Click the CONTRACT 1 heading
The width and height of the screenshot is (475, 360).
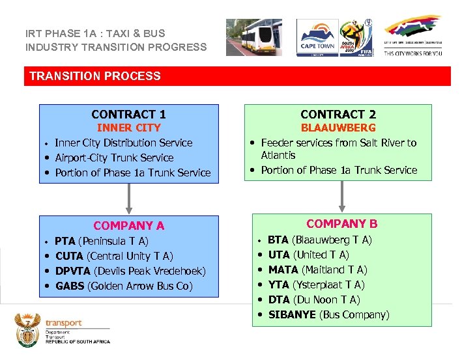click(128, 114)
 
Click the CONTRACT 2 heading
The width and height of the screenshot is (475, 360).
click(338, 114)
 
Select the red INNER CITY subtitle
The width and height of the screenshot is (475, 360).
click(128, 128)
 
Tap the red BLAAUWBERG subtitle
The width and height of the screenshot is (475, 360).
click(338, 128)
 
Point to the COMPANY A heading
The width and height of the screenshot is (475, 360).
click(128, 226)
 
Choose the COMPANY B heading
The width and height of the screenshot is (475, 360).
click(341, 224)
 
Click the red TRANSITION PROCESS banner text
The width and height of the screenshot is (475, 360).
click(95, 76)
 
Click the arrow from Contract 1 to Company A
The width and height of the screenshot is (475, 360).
click(129, 197)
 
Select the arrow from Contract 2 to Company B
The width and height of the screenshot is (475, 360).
click(341, 195)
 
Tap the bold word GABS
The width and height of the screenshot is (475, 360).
click(69, 286)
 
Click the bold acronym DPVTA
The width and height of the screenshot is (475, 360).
click(73, 271)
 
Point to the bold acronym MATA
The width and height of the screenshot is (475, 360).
click(283, 270)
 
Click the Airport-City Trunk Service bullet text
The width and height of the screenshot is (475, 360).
click(114, 158)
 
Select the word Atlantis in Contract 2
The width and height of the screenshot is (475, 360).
click(278, 155)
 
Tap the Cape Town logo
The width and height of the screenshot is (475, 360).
click(317, 37)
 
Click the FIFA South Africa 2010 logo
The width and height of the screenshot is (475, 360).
click(357, 38)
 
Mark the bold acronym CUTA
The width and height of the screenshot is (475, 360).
click(68, 256)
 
